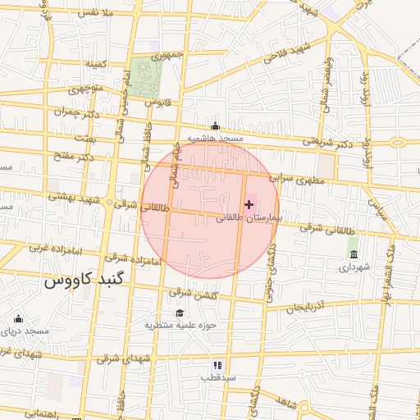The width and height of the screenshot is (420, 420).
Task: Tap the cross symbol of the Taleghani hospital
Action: pyautogui.click(x=249, y=203)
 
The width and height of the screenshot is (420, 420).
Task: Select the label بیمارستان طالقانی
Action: pyautogui.click(x=249, y=219)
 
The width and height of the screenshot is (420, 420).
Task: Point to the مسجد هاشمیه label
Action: pyautogui.click(x=216, y=139)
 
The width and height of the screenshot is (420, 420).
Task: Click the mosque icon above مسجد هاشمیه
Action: pyautogui.click(x=215, y=126)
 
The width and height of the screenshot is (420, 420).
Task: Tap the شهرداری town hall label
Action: pyautogui.click(x=354, y=267)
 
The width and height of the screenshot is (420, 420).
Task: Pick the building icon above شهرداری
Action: pyautogui.click(x=354, y=254)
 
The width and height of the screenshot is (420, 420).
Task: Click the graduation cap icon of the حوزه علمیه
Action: pyautogui.click(x=180, y=313)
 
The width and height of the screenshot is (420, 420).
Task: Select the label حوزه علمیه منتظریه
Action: pyautogui.click(x=180, y=325)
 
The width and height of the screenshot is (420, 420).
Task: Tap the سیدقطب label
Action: pyautogui.click(x=218, y=378)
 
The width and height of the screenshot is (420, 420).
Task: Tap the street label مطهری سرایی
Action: pyautogui.click(x=294, y=178)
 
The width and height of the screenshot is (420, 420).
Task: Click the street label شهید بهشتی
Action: pyautogui.click(x=73, y=198)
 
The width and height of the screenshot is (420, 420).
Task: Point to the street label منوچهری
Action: pyautogui.click(x=85, y=88)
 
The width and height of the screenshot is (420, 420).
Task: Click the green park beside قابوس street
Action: pyautogui.click(x=146, y=76)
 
